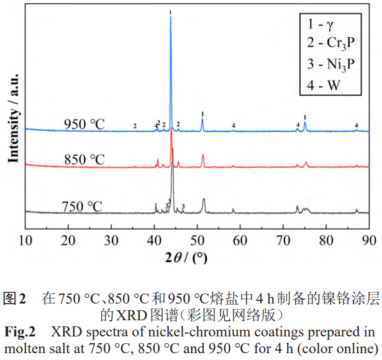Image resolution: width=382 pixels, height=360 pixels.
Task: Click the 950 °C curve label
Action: pos(84,124)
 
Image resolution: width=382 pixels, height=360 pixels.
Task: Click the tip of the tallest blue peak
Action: pos(171,17)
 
